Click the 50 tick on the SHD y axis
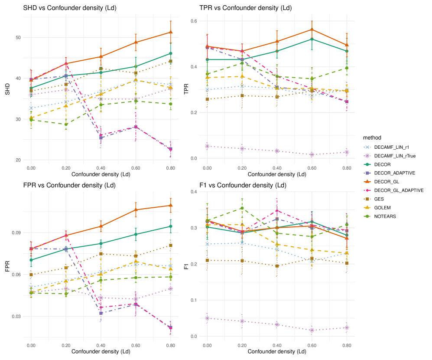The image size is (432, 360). coord(18,37)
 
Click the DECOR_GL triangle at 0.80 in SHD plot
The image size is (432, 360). coord(171,32)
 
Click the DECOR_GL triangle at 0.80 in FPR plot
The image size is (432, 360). coord(171,205)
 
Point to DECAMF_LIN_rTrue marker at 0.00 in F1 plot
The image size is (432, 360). coord(207,318)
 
